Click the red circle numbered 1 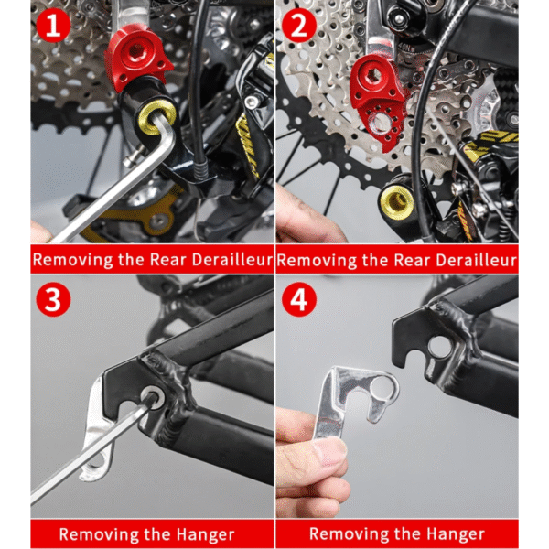(x=53, y=26)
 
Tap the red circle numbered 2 (x=298, y=26)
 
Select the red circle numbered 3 (x=53, y=300)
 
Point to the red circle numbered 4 (x=298, y=300)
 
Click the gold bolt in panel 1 (x=156, y=117)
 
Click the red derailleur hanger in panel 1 (x=138, y=60)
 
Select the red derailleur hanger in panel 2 (x=379, y=102)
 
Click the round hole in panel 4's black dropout (x=440, y=347)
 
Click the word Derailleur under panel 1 (x=232, y=260)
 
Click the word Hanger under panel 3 (x=205, y=534)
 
